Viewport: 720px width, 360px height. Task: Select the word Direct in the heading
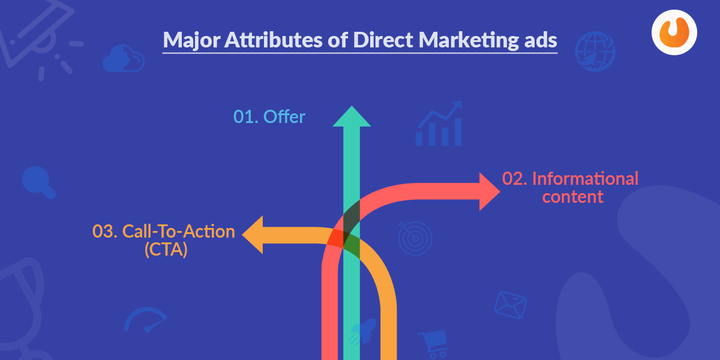pyautogui.click(x=383, y=40)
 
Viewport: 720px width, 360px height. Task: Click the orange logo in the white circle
pyautogui.click(x=674, y=32)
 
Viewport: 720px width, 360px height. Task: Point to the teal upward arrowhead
pyautogui.click(x=352, y=116)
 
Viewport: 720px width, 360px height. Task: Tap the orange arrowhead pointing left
pyautogui.click(x=253, y=235)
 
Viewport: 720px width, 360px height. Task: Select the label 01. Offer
pyautogui.click(x=269, y=116)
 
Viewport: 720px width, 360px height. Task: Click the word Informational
pyautogui.click(x=585, y=179)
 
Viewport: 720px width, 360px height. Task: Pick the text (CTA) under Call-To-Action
pyautogui.click(x=166, y=250)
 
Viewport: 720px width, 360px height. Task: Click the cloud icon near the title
pyautogui.click(x=124, y=59)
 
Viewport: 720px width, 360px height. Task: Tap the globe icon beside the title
pyautogui.click(x=595, y=51)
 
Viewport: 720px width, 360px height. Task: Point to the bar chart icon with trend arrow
pyautogui.click(x=439, y=124)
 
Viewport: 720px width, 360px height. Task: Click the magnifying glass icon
pyautogui.click(x=38, y=182)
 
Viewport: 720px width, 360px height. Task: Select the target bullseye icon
pyautogui.click(x=415, y=238)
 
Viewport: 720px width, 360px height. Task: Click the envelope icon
pyautogui.click(x=511, y=305)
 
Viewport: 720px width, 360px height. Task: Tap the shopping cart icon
pyautogui.click(x=433, y=344)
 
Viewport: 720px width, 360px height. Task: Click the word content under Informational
pyautogui.click(x=573, y=197)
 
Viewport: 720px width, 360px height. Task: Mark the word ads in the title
pyautogui.click(x=541, y=41)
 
